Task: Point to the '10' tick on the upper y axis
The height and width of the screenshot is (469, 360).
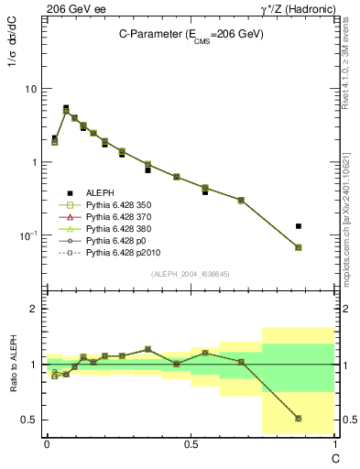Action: [x=30, y=90]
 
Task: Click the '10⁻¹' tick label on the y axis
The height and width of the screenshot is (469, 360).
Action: [x=28, y=236]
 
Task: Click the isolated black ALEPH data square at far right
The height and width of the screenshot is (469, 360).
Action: [x=324, y=226]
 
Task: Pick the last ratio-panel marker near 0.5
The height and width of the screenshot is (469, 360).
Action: [x=324, y=419]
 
